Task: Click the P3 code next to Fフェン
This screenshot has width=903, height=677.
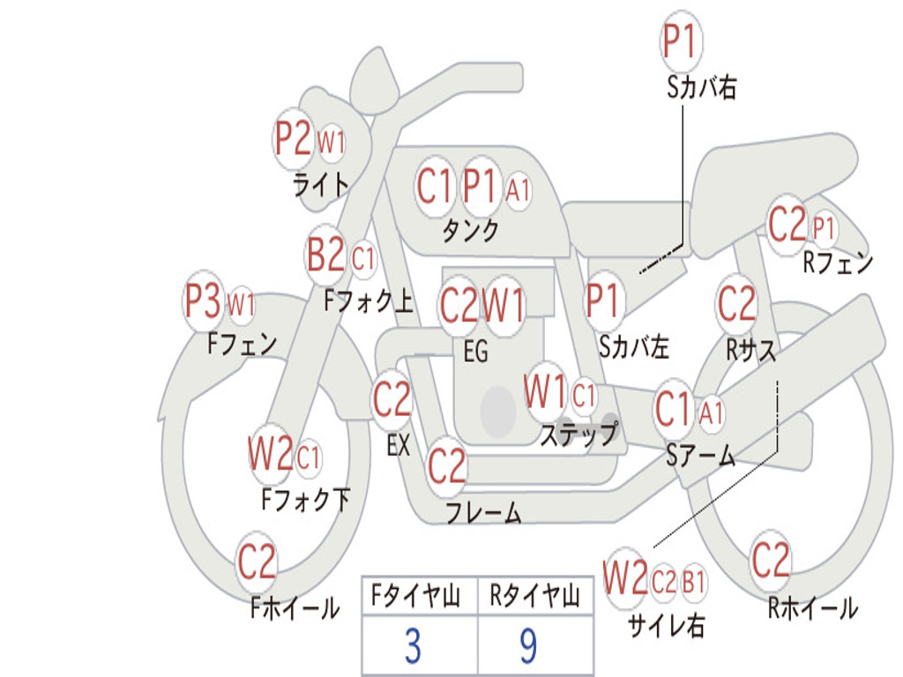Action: (204, 301)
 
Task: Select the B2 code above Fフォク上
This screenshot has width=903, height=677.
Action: (325, 256)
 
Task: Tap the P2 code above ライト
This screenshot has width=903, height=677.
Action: (293, 138)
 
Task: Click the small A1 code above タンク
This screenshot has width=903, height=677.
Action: (518, 188)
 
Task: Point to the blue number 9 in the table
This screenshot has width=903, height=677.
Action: (528, 647)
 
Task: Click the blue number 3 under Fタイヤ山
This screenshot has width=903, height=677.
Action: (413, 647)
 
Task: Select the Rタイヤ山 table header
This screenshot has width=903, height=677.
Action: (534, 599)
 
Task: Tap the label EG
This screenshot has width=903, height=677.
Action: (475, 352)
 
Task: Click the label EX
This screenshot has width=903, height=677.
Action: (399, 445)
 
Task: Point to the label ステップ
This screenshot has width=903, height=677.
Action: (578, 434)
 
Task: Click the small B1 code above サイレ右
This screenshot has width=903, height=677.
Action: (694, 582)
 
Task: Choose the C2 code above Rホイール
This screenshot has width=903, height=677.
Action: (771, 559)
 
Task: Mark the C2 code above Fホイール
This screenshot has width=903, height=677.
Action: (257, 562)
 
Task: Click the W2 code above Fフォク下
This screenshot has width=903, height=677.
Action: (270, 454)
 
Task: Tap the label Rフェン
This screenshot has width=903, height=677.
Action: (838, 263)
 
